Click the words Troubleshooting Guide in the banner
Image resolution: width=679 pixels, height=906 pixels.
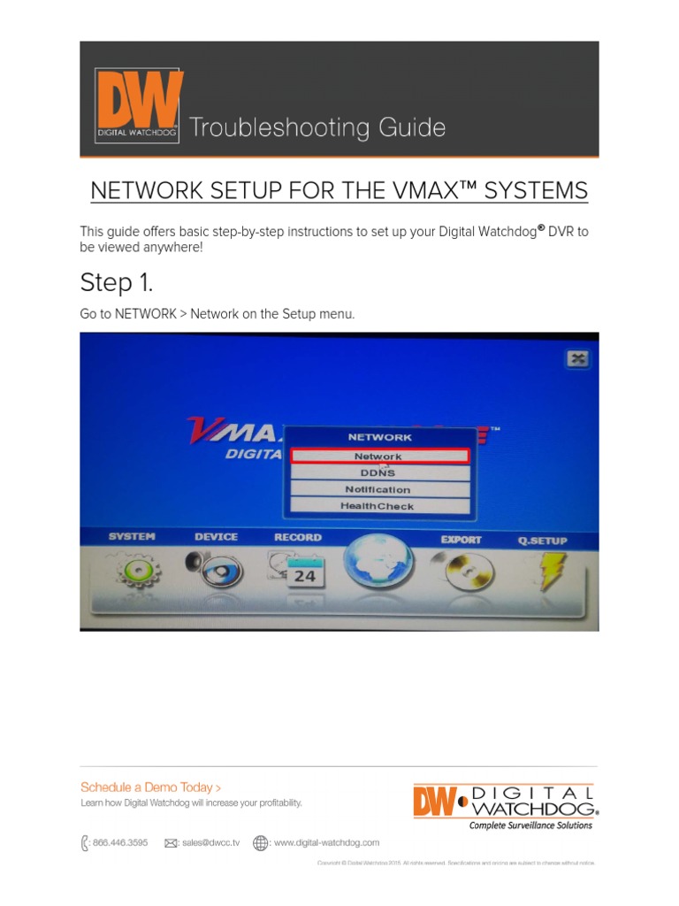click(317, 128)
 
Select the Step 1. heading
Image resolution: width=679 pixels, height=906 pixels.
click(116, 283)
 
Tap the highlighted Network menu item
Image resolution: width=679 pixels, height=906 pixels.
click(378, 457)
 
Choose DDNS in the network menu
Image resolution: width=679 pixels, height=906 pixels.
click(378, 473)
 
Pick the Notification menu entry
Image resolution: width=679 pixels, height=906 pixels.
click(378, 489)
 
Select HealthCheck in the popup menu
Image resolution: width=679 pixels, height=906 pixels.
click(378, 506)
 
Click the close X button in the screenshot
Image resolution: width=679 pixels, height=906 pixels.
click(576, 358)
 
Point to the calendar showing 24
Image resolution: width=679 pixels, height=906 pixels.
click(298, 573)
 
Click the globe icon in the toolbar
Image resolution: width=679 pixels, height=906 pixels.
click(378, 566)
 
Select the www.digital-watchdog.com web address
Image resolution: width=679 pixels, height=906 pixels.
click(326, 843)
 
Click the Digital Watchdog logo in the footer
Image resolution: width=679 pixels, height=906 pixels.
click(506, 806)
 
